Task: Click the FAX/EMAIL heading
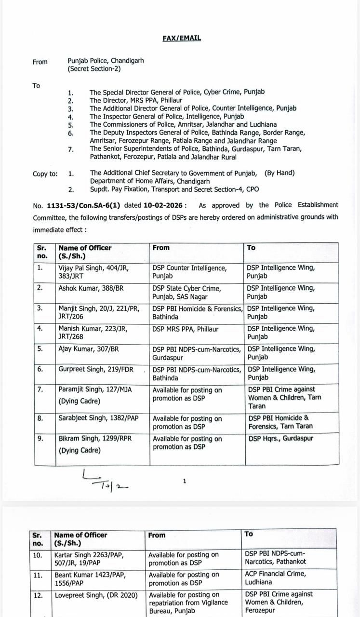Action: point(182,38)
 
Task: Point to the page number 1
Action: point(185,481)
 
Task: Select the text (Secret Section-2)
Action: point(94,69)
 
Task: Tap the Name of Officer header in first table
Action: point(85,252)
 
